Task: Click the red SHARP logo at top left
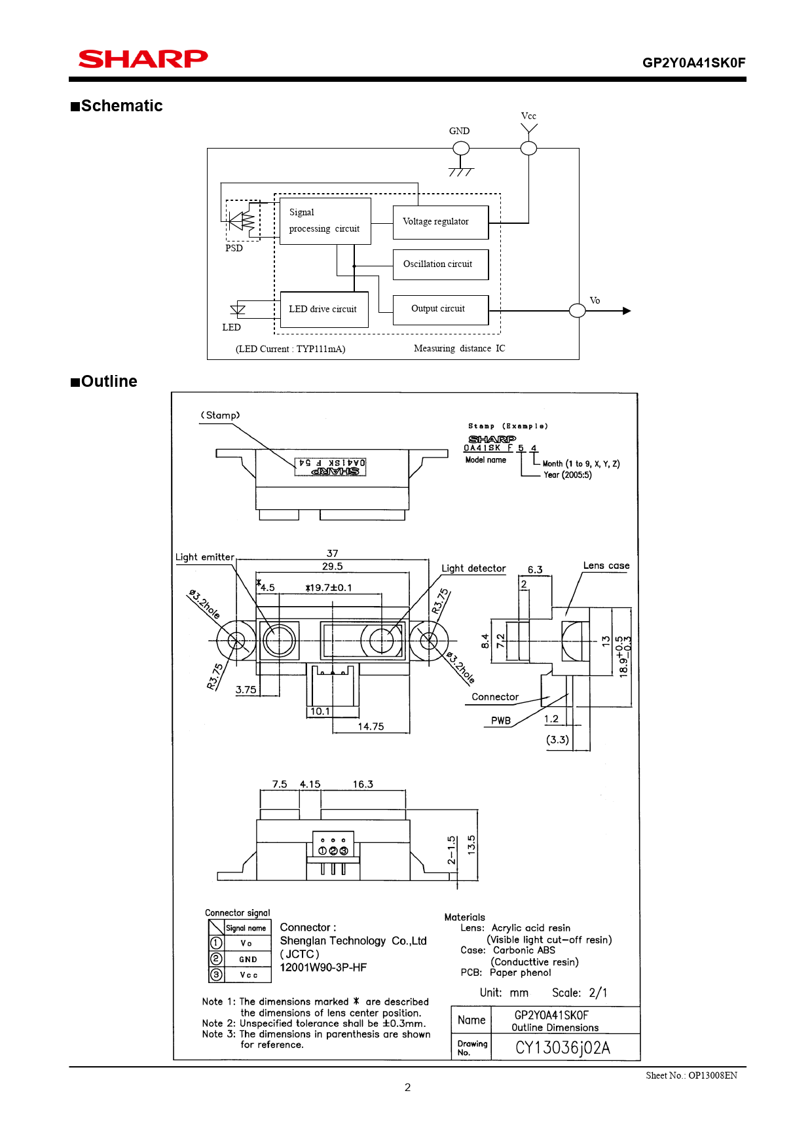[x=143, y=59]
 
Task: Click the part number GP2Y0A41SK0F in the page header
[x=693, y=63]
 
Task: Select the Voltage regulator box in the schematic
[x=441, y=223]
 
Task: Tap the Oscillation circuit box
[x=441, y=264]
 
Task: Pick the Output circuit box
[x=441, y=310]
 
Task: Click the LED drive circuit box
[x=324, y=310]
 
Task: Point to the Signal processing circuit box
[x=325, y=221]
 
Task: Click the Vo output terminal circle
[x=577, y=311]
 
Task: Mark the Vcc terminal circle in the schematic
[x=528, y=149]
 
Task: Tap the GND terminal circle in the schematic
[x=461, y=149]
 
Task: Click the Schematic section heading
[x=117, y=106]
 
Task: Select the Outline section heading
[x=104, y=382]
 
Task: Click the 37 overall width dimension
[x=333, y=554]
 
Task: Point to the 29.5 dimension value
[x=333, y=567]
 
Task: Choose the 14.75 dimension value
[x=371, y=726]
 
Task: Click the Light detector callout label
[x=473, y=568]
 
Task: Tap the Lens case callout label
[x=606, y=565]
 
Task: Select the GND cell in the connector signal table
[x=248, y=960]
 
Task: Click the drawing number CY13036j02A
[x=563, y=1048]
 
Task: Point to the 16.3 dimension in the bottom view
[x=363, y=784]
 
